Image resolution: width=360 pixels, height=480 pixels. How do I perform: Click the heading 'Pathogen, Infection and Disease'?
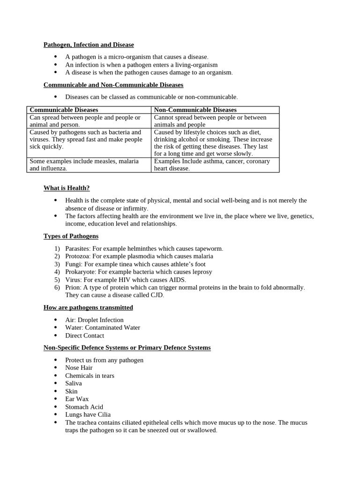[89, 45]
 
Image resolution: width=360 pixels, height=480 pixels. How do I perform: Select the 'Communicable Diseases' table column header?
[64, 110]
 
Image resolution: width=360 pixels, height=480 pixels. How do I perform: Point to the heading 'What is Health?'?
[67, 188]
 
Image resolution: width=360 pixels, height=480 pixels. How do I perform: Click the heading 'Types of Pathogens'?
[71, 236]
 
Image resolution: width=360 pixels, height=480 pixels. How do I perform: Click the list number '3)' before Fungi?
[57, 264]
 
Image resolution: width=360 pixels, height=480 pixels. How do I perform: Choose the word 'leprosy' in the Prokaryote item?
[201, 272]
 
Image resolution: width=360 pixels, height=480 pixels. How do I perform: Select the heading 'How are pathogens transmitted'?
[88, 307]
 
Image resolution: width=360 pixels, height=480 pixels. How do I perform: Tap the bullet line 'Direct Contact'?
[85, 336]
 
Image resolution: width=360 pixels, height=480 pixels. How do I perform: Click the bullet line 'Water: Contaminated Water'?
[103, 328]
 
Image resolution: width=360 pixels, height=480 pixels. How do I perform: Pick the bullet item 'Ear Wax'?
[77, 399]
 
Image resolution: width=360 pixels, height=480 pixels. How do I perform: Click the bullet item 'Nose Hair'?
[79, 368]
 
